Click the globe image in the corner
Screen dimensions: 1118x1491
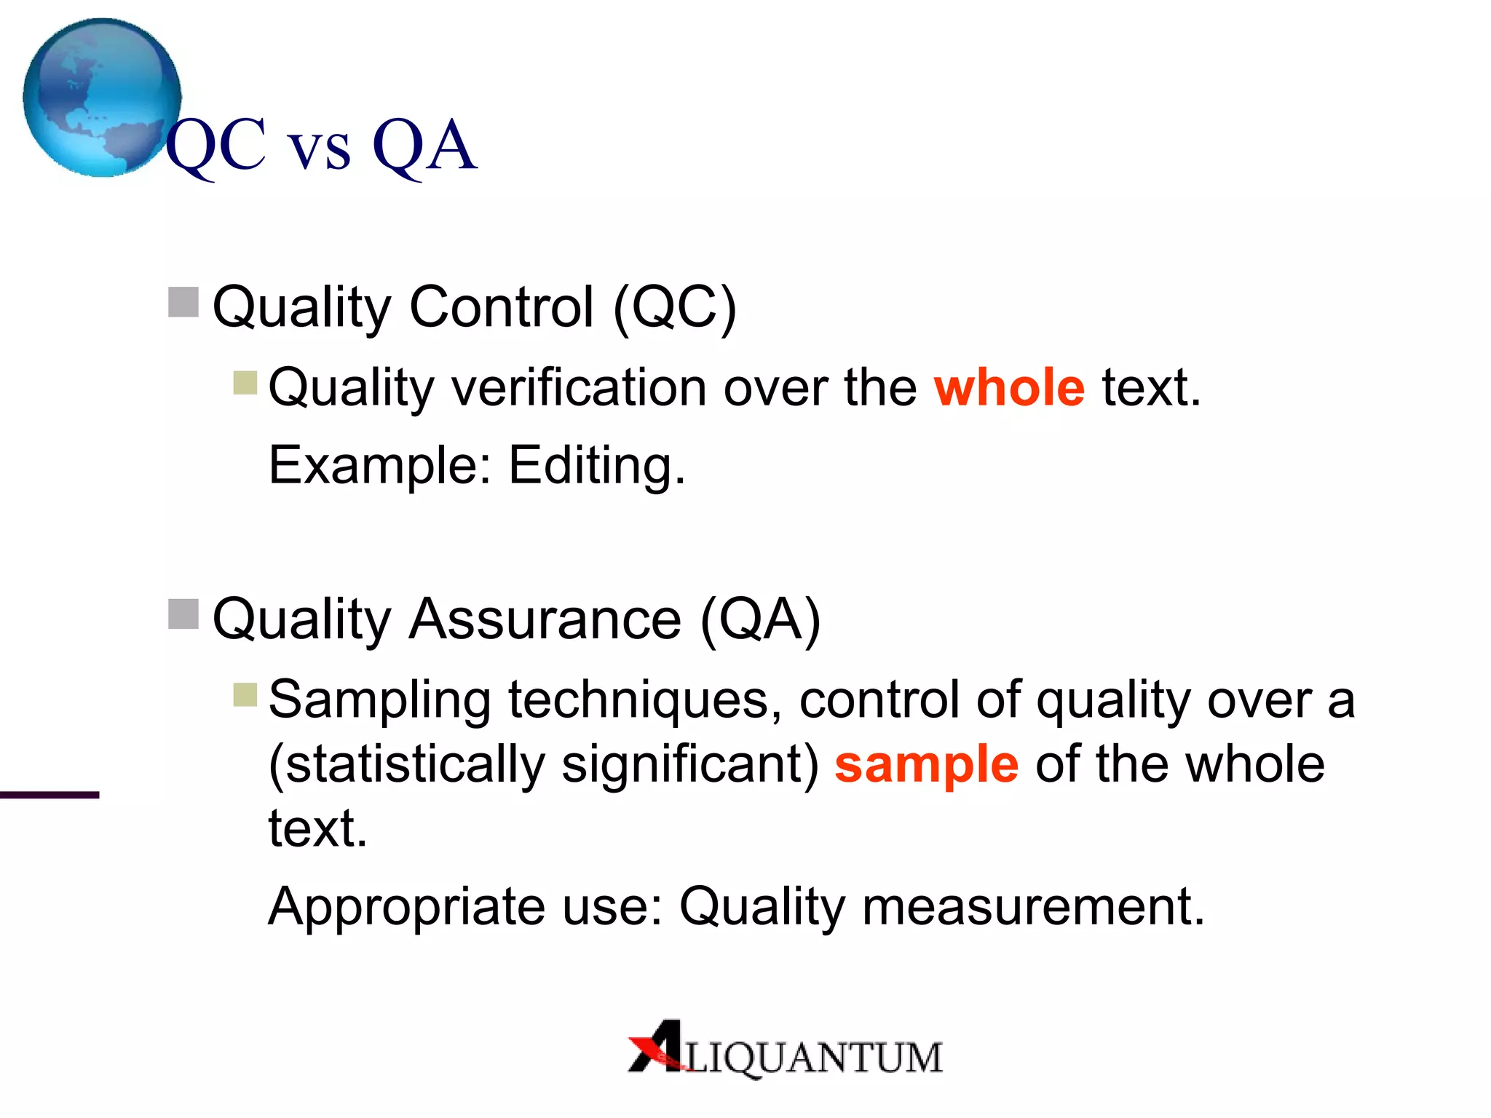[x=102, y=98]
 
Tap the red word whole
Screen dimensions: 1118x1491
[x=1009, y=387]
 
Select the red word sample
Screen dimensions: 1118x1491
[x=926, y=765]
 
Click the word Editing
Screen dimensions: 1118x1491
[x=596, y=466]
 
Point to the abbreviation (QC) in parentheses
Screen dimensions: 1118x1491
[x=674, y=308]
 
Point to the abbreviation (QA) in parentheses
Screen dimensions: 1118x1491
[x=760, y=619]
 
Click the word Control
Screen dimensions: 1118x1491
[x=502, y=307]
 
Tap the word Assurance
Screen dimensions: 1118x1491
[x=545, y=619]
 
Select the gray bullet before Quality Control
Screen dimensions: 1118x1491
[x=183, y=302]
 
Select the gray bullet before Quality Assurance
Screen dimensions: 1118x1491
[x=183, y=614]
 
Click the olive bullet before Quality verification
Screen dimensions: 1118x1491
[x=245, y=382]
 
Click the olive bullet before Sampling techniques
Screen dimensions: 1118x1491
[x=245, y=694]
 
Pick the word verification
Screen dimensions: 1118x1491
[x=580, y=387]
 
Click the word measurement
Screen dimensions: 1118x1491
[x=1033, y=907]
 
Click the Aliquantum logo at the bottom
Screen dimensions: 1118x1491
[x=785, y=1050]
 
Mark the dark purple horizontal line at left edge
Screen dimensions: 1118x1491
[x=50, y=795]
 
